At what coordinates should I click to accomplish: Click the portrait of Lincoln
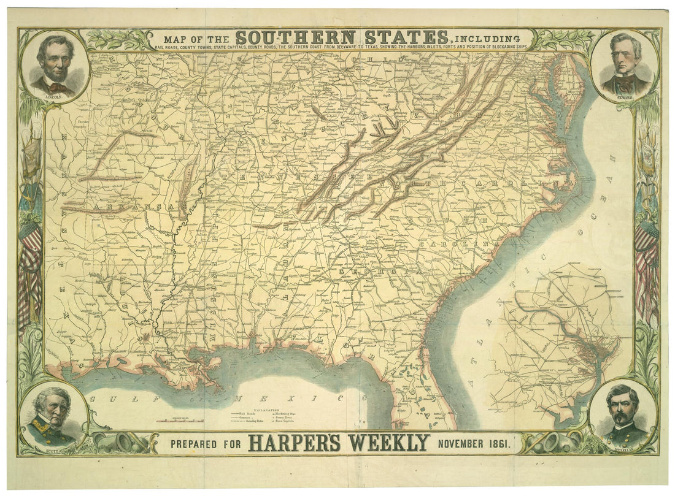(55, 64)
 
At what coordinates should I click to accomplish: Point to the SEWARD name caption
(625, 97)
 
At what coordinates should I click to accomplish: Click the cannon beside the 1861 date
(543, 443)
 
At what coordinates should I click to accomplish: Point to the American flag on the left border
(29, 264)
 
